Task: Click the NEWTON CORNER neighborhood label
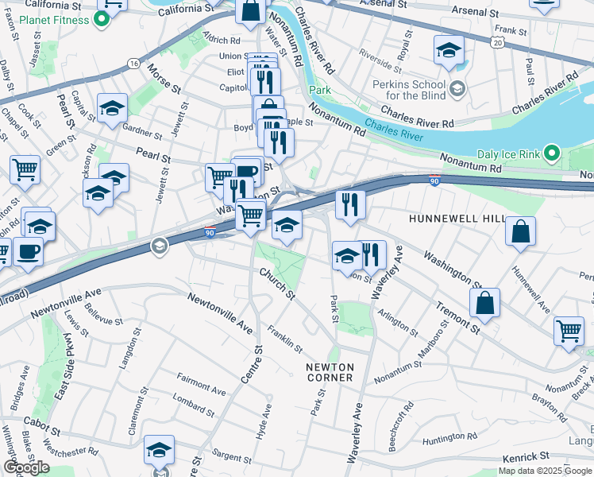[329, 371]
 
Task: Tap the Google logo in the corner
[26, 467]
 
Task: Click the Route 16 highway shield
[133, 63]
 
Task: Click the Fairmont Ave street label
[202, 390]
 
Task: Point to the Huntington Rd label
[449, 436]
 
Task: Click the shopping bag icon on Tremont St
[484, 304]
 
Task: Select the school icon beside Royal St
[449, 51]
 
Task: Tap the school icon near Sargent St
[159, 451]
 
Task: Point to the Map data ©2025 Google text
[545, 471]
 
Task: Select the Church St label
[278, 284]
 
